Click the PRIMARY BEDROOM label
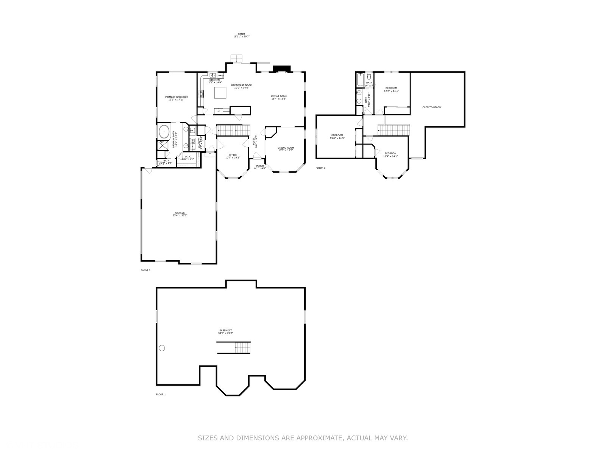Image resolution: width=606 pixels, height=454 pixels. pyautogui.click(x=176, y=97)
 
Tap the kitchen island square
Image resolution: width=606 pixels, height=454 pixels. pyautogui.click(x=220, y=93)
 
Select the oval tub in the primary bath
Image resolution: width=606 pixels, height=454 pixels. pyautogui.click(x=164, y=132)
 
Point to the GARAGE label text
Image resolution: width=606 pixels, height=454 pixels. pyautogui.click(x=180, y=213)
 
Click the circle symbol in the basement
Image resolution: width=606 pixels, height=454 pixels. pyautogui.click(x=162, y=348)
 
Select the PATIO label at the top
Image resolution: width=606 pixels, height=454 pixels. pyautogui.click(x=241, y=34)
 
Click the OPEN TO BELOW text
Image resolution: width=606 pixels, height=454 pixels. pyautogui.click(x=432, y=107)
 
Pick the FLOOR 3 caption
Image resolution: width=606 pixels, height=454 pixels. pyautogui.click(x=320, y=168)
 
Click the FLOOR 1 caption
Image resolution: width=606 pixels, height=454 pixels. pyautogui.click(x=161, y=395)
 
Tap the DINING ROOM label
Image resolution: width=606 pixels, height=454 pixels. pyautogui.click(x=286, y=148)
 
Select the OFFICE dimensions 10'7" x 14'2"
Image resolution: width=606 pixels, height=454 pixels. pyautogui.click(x=233, y=157)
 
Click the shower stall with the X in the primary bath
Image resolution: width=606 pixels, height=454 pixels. pyautogui.click(x=163, y=145)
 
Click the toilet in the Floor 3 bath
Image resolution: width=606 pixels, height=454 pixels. pyautogui.click(x=369, y=77)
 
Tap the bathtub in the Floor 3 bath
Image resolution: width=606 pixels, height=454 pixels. pyautogui.click(x=360, y=79)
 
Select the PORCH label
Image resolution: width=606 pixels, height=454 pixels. pyautogui.click(x=260, y=166)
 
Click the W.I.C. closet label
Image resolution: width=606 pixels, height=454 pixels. pyautogui.click(x=187, y=157)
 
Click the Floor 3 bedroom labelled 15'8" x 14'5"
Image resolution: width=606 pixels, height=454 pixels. pyautogui.click(x=337, y=137)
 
